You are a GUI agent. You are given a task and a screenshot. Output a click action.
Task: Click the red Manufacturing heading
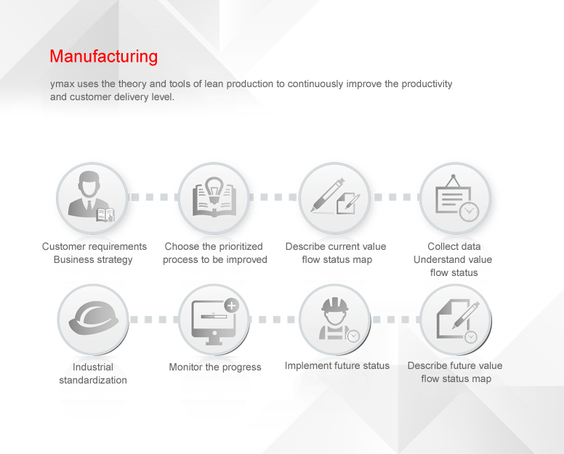click(104, 57)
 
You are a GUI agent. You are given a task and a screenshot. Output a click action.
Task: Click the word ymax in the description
click(63, 84)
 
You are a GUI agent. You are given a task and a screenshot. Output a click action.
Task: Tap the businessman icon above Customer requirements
click(90, 197)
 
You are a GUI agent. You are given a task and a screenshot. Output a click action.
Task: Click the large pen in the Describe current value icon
click(328, 195)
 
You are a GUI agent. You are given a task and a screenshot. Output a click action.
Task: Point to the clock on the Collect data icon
click(469, 211)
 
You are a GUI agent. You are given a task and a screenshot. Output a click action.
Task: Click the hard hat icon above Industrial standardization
click(94, 317)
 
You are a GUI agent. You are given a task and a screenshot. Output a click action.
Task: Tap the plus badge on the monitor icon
click(232, 306)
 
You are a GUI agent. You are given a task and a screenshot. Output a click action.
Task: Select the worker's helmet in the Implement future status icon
click(335, 306)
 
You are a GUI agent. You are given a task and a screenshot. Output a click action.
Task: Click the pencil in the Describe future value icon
click(466, 315)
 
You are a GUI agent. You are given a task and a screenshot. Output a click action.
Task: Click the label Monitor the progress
click(215, 367)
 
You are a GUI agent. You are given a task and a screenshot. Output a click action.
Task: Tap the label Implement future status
click(337, 365)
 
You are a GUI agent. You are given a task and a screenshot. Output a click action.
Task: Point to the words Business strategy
click(93, 259)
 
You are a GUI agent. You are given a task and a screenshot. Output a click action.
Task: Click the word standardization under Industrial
click(93, 380)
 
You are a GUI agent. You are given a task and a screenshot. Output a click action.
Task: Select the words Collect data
click(454, 246)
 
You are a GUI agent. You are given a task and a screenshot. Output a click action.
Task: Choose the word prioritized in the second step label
click(241, 246)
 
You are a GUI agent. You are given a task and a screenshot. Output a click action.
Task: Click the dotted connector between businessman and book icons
click(153, 197)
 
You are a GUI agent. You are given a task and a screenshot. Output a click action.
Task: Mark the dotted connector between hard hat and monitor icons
click(154, 320)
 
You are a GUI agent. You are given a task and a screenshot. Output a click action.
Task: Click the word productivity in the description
click(427, 84)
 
